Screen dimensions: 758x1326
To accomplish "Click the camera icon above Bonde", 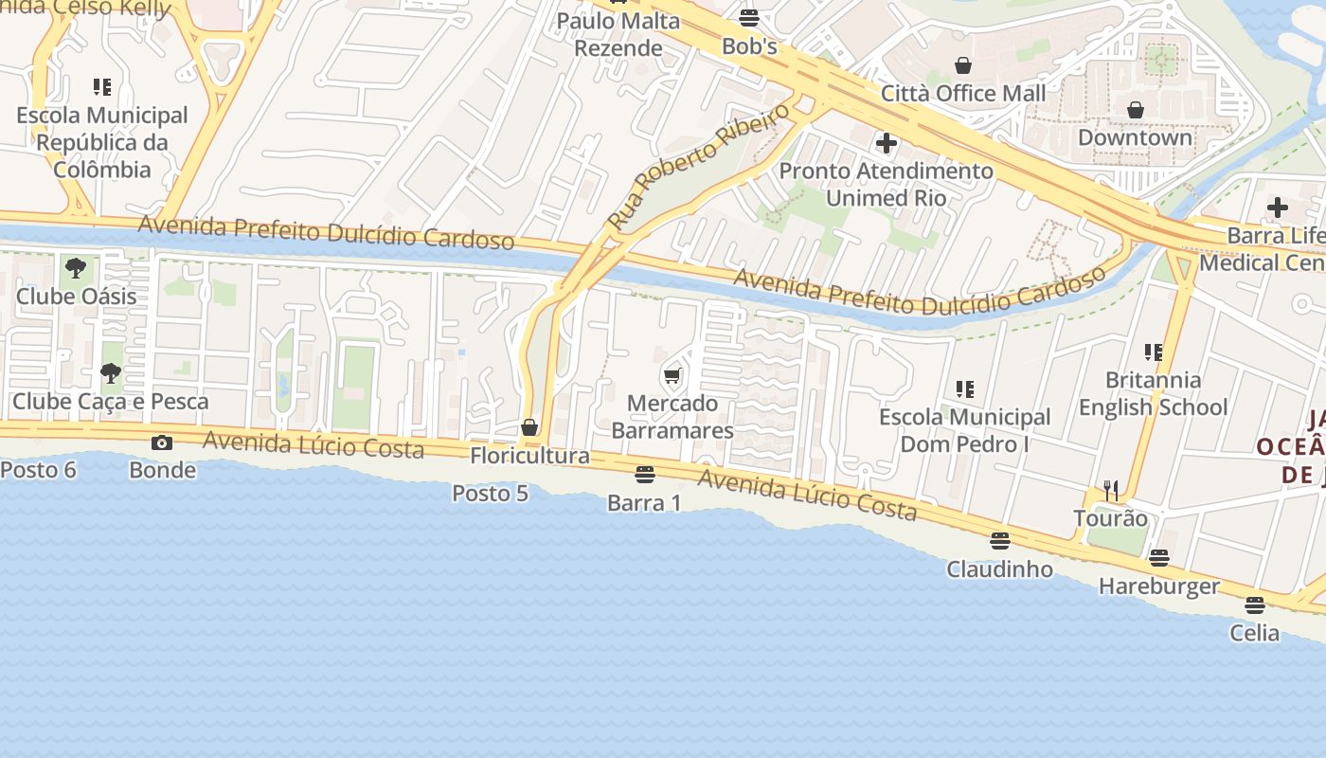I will coord(162,442).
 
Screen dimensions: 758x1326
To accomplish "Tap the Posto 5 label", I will coord(490,493).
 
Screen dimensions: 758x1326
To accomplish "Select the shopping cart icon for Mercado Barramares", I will coord(672,376).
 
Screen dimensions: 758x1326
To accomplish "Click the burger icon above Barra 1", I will coord(644,474).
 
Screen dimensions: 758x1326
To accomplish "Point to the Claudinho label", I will coord(999,568).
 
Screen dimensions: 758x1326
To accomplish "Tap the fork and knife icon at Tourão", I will coord(1111,490).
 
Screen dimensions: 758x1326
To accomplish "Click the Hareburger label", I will coord(1158,586).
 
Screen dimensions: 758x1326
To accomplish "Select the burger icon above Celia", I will coord(1255,605).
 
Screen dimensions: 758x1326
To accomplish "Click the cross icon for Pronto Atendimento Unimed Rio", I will coord(887,143).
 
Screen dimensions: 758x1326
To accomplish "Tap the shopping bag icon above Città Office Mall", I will coord(963,65).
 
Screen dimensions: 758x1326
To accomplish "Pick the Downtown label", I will coord(1135,137).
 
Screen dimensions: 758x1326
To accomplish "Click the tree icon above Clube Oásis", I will coord(76,268).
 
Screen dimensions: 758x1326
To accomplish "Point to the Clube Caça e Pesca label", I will coord(110,401).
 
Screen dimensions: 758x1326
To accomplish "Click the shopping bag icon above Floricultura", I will coord(529,427).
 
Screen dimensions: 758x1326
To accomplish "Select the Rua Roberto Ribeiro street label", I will coord(698,167).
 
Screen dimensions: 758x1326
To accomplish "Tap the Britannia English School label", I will coord(1153,393).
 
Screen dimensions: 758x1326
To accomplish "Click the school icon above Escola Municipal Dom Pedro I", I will coord(965,388).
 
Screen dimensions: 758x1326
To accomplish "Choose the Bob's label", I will coord(749,45).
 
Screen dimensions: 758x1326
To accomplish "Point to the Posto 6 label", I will coord(38,469).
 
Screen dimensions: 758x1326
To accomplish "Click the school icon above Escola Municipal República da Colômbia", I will coord(102,87).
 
